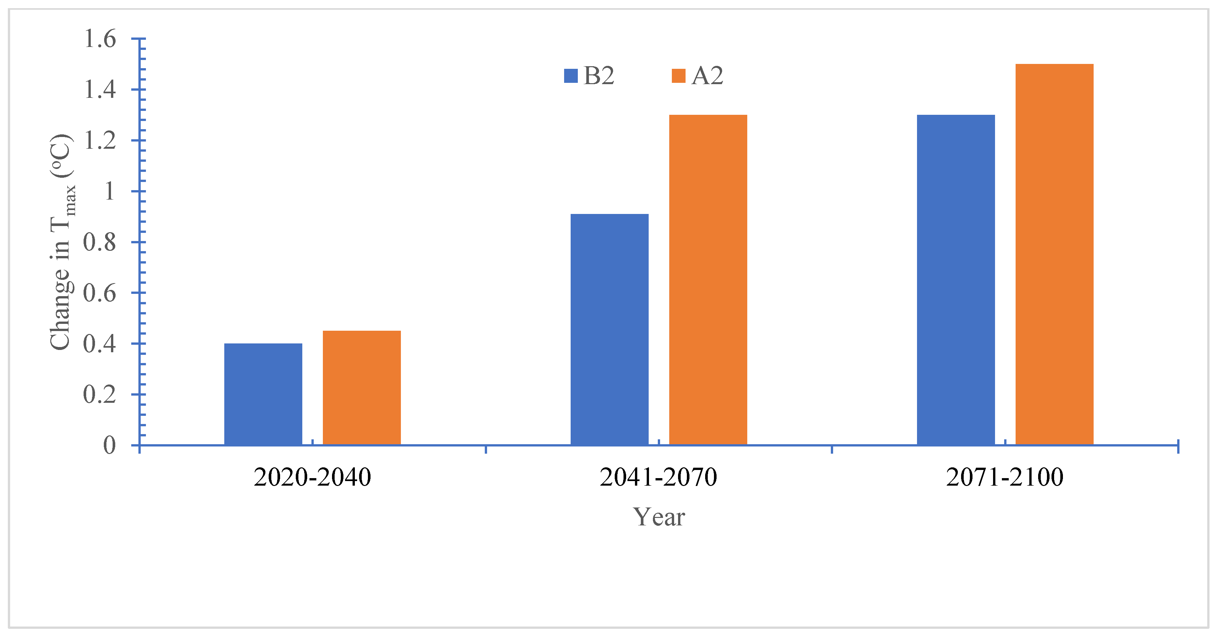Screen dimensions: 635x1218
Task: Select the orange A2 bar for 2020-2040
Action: point(362,387)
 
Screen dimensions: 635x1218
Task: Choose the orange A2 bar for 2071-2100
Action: point(1054,254)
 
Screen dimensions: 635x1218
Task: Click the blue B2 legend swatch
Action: point(571,76)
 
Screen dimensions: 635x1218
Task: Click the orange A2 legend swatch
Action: point(678,76)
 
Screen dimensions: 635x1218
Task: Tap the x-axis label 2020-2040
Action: point(312,477)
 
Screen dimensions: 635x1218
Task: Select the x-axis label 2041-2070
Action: point(658,477)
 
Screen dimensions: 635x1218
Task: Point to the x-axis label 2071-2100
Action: point(1005,477)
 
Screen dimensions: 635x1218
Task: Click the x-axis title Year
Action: point(659,517)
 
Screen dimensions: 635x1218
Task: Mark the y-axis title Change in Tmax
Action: point(61,242)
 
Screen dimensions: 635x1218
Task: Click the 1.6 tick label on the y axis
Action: point(100,39)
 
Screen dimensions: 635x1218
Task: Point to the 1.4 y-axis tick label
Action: point(100,89)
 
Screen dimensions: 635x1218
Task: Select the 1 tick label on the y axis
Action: point(110,191)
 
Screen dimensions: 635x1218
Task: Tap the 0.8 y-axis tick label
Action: point(100,242)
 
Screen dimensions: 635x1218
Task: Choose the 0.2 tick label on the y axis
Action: point(100,395)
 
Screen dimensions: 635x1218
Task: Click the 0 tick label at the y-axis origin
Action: point(110,445)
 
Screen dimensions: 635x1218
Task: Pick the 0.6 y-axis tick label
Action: point(100,293)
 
